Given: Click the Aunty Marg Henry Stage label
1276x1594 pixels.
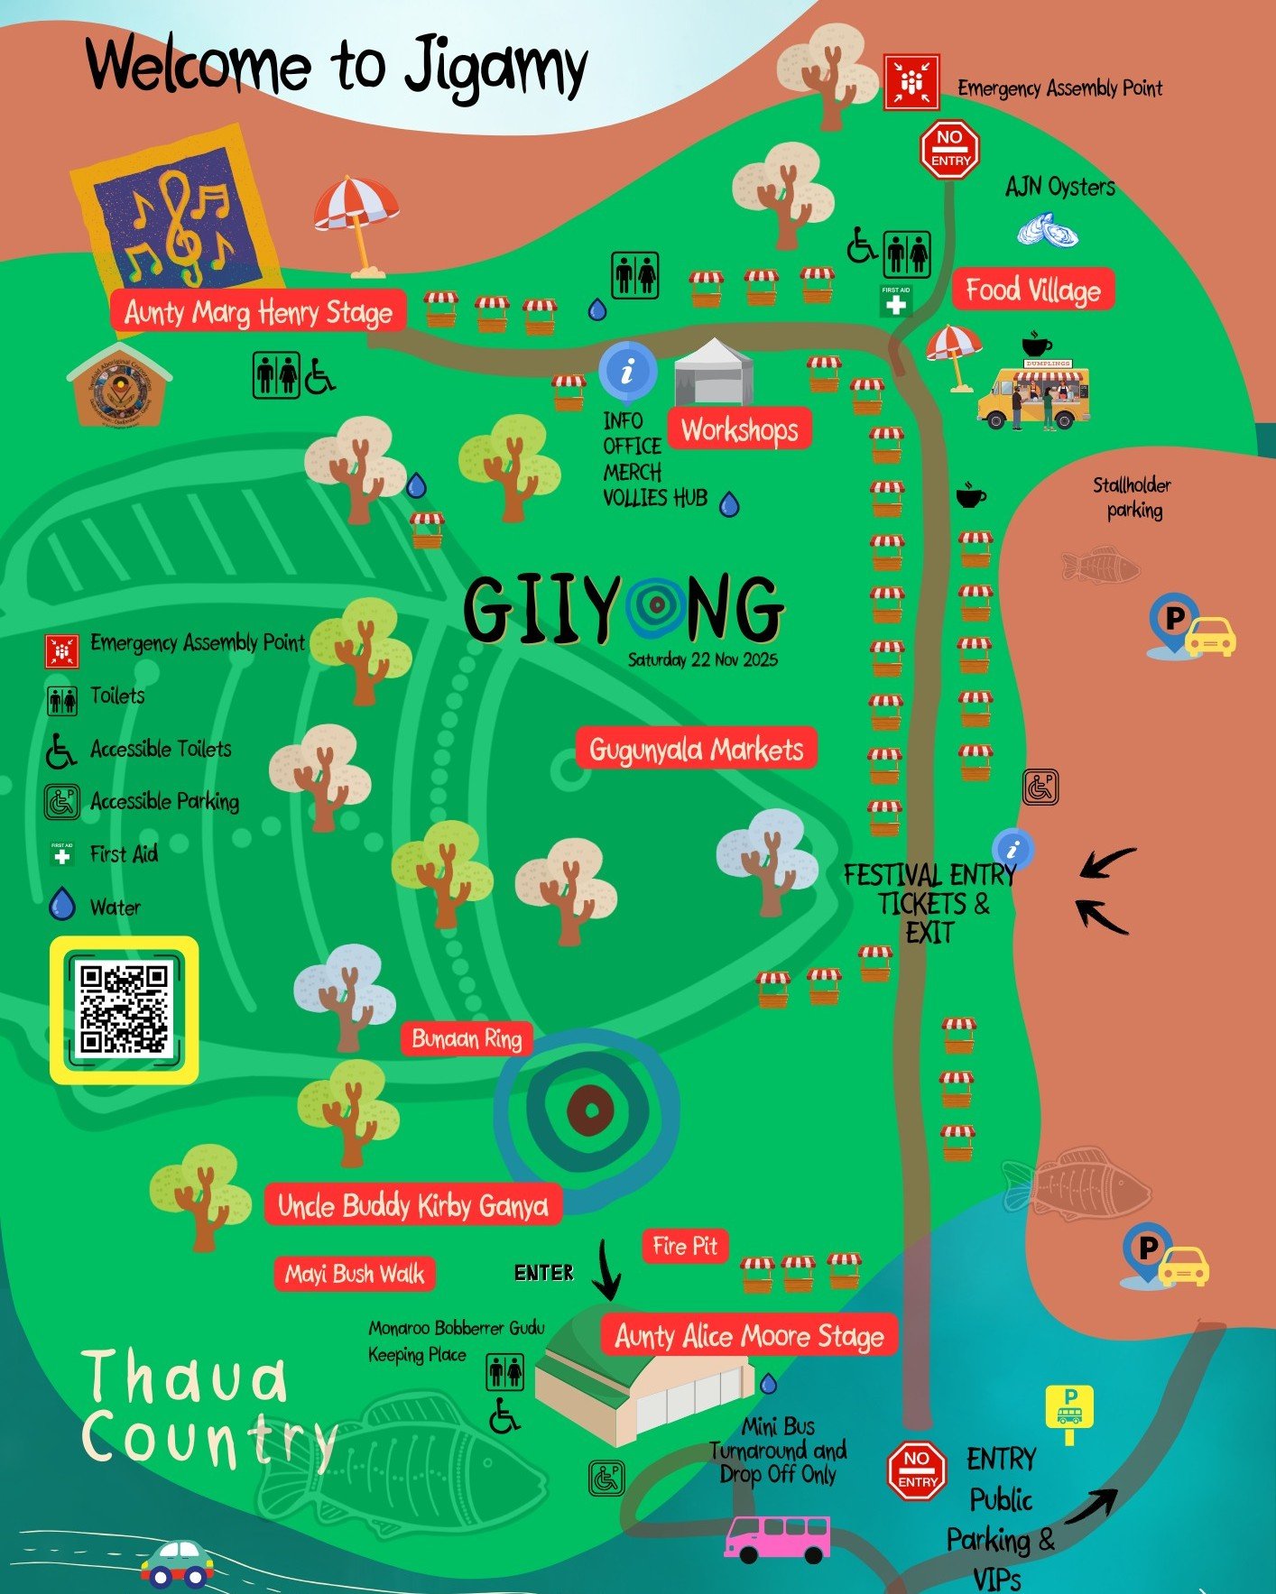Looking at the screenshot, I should coord(258,312).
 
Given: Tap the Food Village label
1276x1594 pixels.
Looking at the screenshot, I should coord(1033,290).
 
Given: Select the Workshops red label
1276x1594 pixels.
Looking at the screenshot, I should coord(739,429).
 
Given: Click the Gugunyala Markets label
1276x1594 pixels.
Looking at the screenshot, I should coord(696,749).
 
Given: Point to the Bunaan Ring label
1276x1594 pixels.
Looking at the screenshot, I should coord(467,1038).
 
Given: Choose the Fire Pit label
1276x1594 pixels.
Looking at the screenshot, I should coord(685,1246).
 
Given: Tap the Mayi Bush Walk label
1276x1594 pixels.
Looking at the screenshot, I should coord(355,1274).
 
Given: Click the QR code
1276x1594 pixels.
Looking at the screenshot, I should coord(124,1009).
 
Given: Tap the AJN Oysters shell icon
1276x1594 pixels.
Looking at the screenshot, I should coord(1048,231).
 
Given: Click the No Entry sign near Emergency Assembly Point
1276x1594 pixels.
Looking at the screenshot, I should coord(950,149).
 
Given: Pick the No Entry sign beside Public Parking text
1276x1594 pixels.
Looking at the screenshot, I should coord(917,1470).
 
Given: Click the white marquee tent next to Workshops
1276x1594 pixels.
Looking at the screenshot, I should coord(714,372).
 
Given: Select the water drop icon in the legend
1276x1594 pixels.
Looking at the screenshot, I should coord(61,904).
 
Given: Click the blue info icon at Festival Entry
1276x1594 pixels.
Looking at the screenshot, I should coord(1012,849).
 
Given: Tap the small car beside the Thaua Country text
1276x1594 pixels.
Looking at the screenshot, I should coord(178,1562).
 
